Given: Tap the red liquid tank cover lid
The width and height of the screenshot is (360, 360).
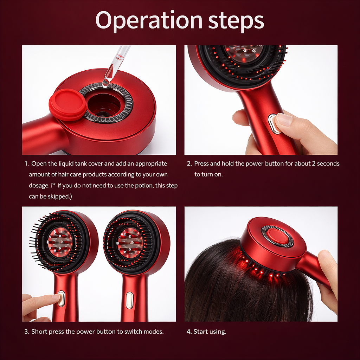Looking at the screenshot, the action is pyautogui.click(x=68, y=104).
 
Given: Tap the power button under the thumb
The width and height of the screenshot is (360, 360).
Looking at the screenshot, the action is pyautogui.click(x=274, y=124).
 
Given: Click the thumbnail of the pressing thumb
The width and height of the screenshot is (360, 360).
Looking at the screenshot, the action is pyautogui.click(x=284, y=120).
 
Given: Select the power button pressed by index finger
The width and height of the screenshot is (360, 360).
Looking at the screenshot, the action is pyautogui.click(x=61, y=298).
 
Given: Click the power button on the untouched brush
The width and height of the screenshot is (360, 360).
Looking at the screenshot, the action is pyautogui.click(x=129, y=300).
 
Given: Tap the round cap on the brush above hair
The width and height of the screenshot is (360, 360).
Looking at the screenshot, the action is pyautogui.click(x=278, y=236).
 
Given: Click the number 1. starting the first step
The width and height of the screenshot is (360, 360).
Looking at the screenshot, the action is pyautogui.click(x=27, y=164).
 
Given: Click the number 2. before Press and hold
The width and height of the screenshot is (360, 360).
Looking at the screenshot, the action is pyautogui.click(x=189, y=164).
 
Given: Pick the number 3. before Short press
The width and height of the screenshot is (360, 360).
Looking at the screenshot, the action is pyautogui.click(x=27, y=332).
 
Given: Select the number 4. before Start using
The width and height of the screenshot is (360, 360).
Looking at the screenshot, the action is pyautogui.click(x=189, y=332).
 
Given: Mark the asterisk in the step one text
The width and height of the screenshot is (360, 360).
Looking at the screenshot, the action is pyautogui.click(x=54, y=184).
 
